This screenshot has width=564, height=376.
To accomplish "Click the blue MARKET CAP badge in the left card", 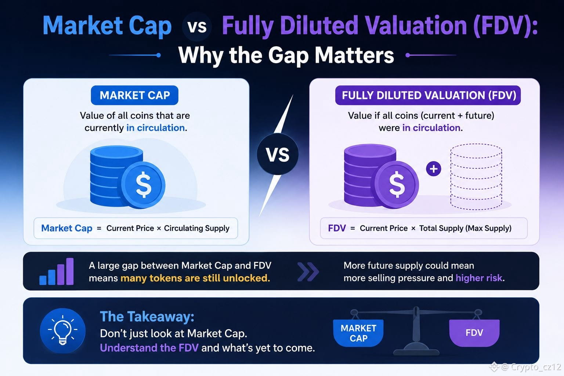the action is pyautogui.click(x=134, y=95).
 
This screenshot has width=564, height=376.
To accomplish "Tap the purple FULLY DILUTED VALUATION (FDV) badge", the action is pyautogui.click(x=428, y=95).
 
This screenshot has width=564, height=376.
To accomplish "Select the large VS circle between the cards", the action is pyautogui.click(x=278, y=154).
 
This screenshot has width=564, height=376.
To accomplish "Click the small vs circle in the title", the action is pyautogui.click(x=197, y=26).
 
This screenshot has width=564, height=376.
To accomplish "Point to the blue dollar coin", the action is pyautogui.click(x=143, y=185).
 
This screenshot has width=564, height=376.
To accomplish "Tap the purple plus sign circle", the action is pyautogui.click(x=434, y=169).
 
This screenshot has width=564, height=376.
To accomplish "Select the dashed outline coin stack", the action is pyautogui.click(x=476, y=176).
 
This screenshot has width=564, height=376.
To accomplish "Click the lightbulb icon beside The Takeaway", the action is pyautogui.click(x=63, y=330).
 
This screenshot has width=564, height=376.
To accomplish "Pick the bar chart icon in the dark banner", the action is pyautogui.click(x=57, y=271).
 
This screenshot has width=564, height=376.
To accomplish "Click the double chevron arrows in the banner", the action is pyautogui.click(x=308, y=272).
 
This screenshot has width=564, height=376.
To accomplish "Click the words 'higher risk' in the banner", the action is pyautogui.click(x=479, y=278).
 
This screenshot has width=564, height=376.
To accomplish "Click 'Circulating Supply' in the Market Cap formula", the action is pyautogui.click(x=197, y=228).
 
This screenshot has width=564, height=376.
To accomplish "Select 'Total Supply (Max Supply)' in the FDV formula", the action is pyautogui.click(x=465, y=228).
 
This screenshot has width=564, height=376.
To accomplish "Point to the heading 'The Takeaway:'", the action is pyautogui.click(x=147, y=317).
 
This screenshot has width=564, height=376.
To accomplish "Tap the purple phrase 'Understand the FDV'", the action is pyautogui.click(x=149, y=348).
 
